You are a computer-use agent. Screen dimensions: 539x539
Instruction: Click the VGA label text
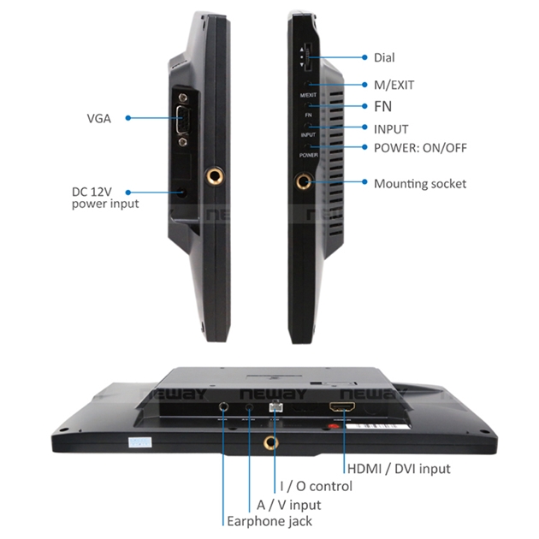(98, 118)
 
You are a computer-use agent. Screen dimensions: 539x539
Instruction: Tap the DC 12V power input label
(105, 197)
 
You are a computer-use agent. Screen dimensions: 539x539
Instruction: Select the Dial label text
(385, 57)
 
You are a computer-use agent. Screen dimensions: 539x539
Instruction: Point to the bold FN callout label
(384, 106)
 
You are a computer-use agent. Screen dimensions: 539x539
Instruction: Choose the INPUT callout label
(391, 128)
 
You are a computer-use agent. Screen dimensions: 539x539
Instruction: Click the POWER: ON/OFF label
(420, 147)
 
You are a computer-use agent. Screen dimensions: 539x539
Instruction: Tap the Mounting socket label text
(420, 183)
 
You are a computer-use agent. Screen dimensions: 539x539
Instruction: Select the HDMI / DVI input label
(398, 468)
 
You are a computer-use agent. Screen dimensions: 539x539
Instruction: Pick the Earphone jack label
(269, 521)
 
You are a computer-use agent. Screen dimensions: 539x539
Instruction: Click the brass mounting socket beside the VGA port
(213, 175)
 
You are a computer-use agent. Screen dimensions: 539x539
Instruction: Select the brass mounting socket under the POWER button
(304, 182)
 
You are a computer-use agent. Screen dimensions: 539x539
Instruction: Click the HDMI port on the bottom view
(343, 409)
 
